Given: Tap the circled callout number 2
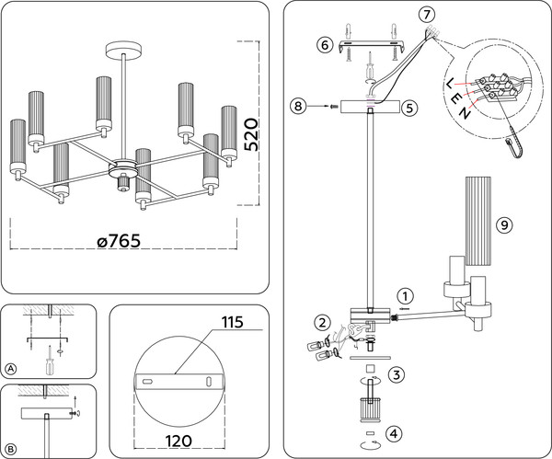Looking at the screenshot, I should pyautogui.click(x=322, y=322).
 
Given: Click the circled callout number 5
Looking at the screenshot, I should pyautogui.click(x=409, y=108).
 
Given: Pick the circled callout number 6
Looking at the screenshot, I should pyautogui.click(x=325, y=44).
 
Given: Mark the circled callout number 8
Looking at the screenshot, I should pyautogui.click(x=296, y=108).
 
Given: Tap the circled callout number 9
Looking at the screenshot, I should pyautogui.click(x=503, y=224).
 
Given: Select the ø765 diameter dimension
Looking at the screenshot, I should pyautogui.click(x=125, y=241).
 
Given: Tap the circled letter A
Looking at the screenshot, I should pyautogui.click(x=11, y=369).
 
